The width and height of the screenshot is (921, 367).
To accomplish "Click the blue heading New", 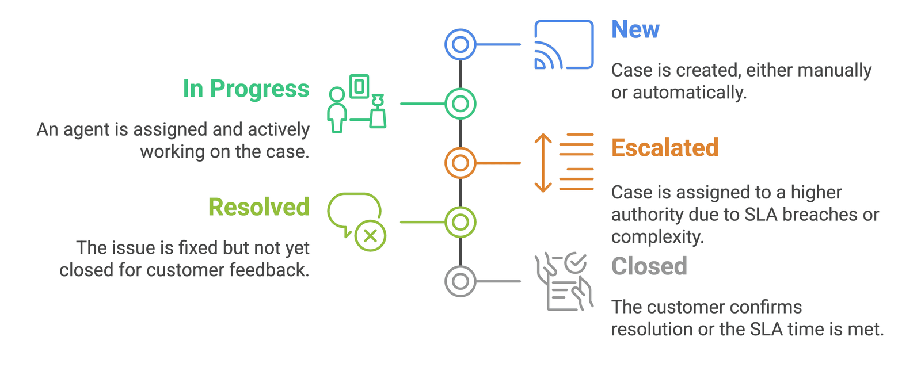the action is [635, 29].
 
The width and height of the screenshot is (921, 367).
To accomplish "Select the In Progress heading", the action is [246, 89].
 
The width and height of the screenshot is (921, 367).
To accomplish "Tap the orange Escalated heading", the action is [665, 148].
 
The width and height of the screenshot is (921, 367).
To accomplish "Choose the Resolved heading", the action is [258, 207].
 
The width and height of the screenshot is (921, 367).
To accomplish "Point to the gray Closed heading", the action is [649, 266].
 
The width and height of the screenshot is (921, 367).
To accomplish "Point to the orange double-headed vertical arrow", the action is [543, 163].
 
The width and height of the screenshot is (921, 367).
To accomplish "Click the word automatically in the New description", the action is [690, 93].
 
